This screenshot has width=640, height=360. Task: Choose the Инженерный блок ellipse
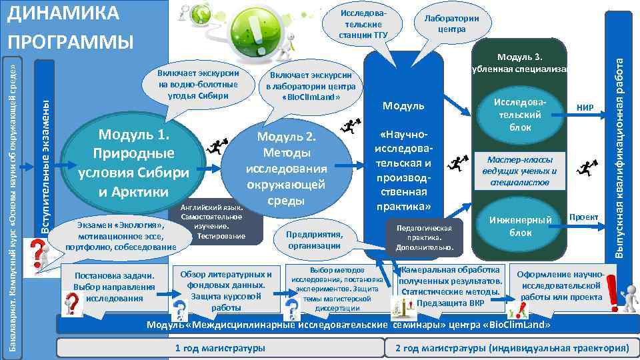pos(521,226)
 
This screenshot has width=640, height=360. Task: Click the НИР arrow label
pos(586,106)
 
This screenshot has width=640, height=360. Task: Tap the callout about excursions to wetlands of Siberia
pos(198,83)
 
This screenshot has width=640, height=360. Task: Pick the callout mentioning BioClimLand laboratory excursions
pos(311,87)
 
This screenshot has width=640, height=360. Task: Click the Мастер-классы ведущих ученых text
pos(516,171)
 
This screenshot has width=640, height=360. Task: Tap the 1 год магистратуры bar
pos(219,348)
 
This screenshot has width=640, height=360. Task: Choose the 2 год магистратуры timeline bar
pos(511,348)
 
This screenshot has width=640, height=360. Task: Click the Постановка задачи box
pos(115,287)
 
